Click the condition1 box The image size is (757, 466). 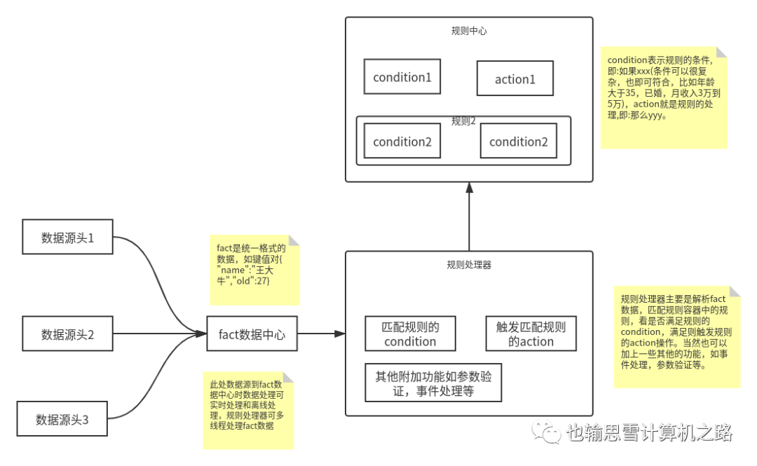pyautogui.click(x=402, y=77)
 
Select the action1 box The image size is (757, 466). pyautogui.click(x=515, y=78)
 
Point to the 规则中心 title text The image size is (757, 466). pyautogui.click(x=469, y=32)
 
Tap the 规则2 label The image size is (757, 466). pyautogui.click(x=464, y=121)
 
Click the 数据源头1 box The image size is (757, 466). pyautogui.click(x=67, y=237)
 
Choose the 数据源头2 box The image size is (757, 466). pyautogui.click(x=67, y=334)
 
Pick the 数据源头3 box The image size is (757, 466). pyautogui.click(x=62, y=419)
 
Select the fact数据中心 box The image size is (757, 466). pyautogui.click(x=252, y=334)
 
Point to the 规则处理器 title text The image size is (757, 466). pyautogui.click(x=469, y=265)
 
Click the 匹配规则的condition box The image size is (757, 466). pyautogui.click(x=410, y=334)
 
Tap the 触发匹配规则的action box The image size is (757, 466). pyautogui.click(x=531, y=334)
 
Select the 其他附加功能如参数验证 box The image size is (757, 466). pyautogui.click(x=433, y=383)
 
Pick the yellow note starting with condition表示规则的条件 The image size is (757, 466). pyautogui.click(x=663, y=97)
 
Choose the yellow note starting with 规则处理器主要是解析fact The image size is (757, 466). pyautogui.click(x=677, y=336)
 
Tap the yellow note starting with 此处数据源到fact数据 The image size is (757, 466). pyautogui.click(x=248, y=410)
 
